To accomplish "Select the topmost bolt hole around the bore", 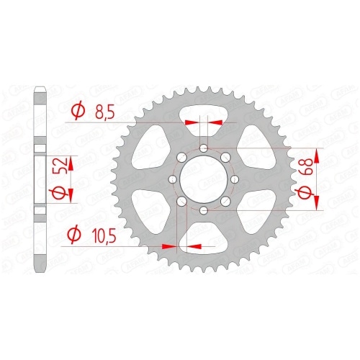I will click(x=204, y=148).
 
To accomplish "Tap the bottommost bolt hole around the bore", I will click(x=204, y=210).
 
